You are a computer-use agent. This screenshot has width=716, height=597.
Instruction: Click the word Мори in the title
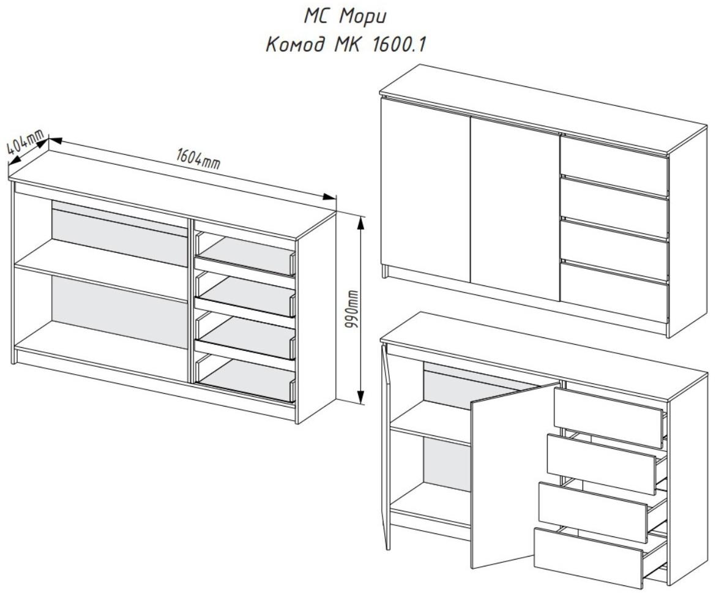click(363, 17)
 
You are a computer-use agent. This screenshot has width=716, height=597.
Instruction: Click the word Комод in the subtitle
click(296, 45)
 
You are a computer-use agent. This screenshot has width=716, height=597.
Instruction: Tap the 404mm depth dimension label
click(25, 143)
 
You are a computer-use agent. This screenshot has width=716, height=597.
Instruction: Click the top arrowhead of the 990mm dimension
click(360, 223)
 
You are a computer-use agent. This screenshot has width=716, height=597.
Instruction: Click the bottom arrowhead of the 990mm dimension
click(360, 397)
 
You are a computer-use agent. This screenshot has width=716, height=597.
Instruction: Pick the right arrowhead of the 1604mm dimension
click(329, 197)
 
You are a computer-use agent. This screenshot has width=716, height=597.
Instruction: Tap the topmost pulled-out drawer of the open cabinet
click(608, 418)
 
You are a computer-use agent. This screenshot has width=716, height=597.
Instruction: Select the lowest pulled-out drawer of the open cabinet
click(587, 558)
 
